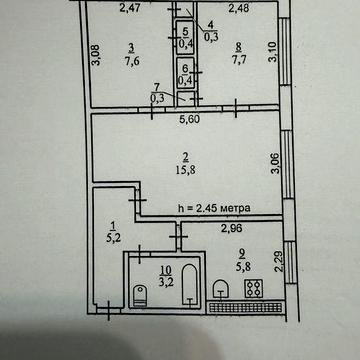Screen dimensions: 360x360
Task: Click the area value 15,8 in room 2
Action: click(x=186, y=171)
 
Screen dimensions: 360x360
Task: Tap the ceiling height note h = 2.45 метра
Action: click(x=212, y=208)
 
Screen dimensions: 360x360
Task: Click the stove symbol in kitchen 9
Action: click(x=252, y=289)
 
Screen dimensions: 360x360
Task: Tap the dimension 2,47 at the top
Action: click(x=128, y=9)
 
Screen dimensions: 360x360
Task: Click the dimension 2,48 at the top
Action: click(x=238, y=9)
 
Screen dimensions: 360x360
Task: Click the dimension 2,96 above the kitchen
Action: click(x=232, y=229)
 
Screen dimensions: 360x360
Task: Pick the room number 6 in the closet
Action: click(x=185, y=68)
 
